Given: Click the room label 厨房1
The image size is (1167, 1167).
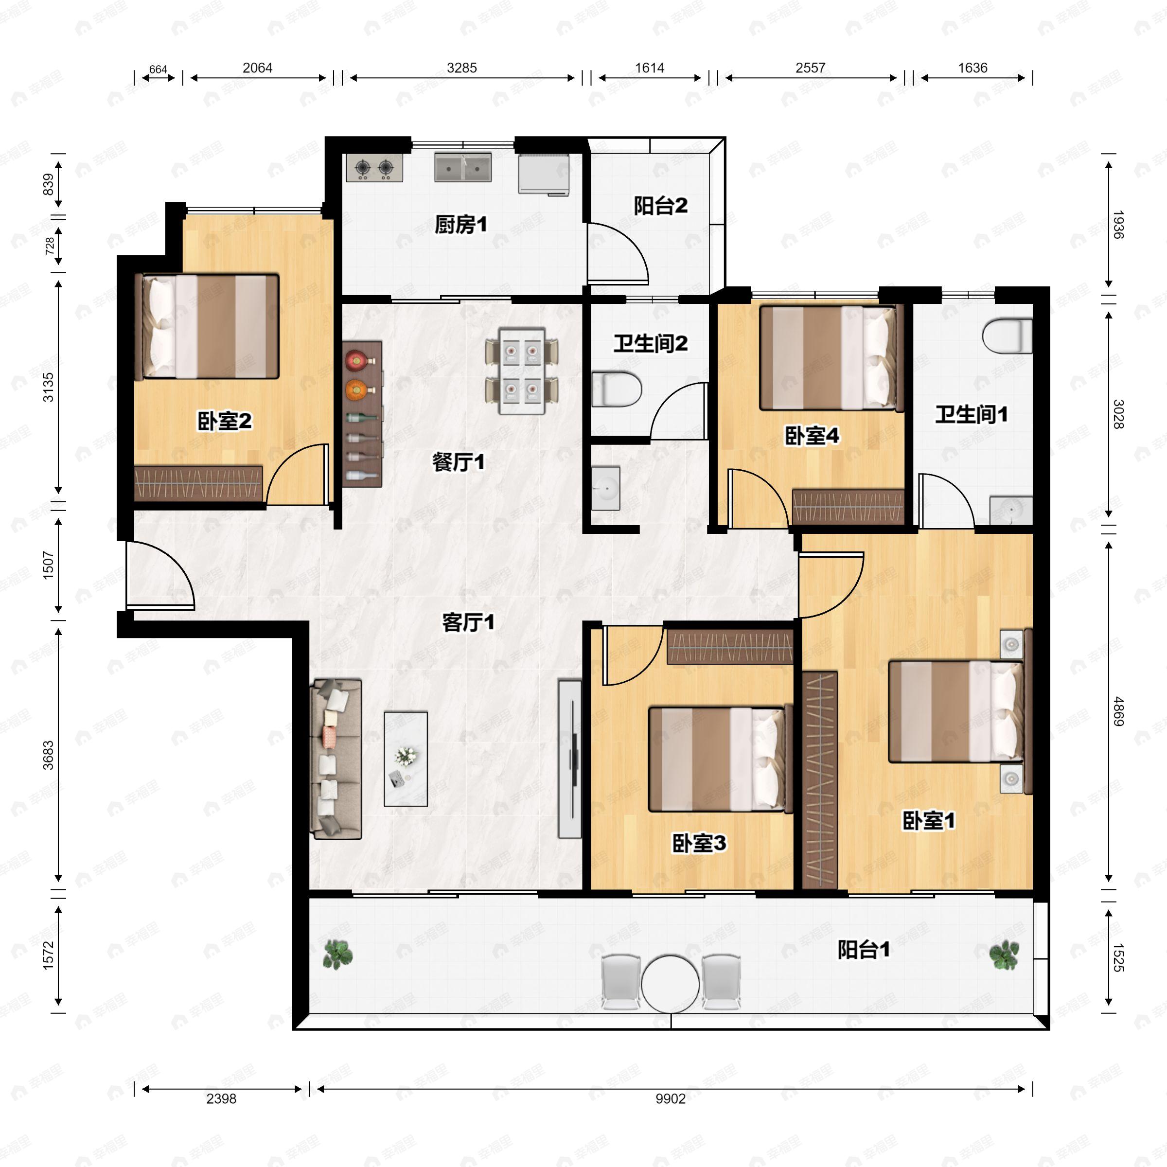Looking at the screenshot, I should coord(460,225).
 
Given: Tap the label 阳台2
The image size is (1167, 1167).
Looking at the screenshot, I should coord(660,206).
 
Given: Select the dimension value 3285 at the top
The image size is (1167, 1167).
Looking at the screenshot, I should coord(461,68).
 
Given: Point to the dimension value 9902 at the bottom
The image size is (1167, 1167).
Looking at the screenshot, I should coord(671,1099).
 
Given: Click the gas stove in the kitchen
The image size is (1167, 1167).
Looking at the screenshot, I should coord(374,168).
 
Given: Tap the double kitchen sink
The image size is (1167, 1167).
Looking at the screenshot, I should coord(463,167).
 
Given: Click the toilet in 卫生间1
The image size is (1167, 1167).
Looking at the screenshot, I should coord(1007,336).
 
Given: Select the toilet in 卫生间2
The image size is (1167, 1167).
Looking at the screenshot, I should coord(616,389).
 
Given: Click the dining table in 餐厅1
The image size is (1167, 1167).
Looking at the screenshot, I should coord(522,371).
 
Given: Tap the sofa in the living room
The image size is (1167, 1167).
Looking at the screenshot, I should coord(336,759).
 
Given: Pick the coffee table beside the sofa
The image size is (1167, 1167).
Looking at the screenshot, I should coord(406,759).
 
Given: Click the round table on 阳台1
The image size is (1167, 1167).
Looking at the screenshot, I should coord(671,985).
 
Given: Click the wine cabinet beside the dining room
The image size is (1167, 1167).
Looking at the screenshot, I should coord(362,414).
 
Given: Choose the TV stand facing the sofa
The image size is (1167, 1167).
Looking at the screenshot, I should coord(569,759).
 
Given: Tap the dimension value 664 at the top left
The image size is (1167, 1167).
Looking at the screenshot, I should coord(158,70).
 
